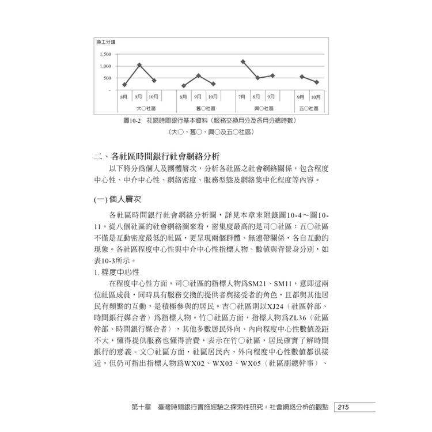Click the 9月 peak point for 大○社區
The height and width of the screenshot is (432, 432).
[139, 65]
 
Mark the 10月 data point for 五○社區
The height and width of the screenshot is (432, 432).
[316, 82]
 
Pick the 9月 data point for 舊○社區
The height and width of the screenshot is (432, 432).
[198, 75]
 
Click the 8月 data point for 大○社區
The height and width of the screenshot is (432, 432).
[124, 85]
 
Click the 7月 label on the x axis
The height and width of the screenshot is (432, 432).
[242, 97]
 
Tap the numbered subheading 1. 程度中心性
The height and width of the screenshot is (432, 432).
[118, 271]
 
